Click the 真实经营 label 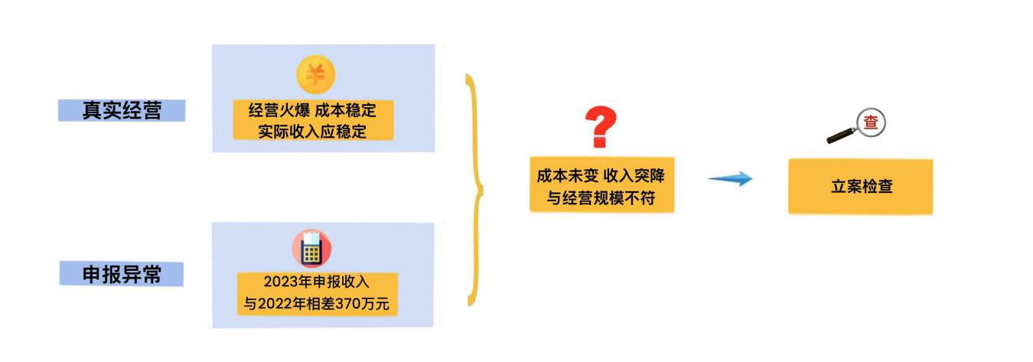[122, 110]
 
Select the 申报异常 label [122, 274]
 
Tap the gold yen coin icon [316, 75]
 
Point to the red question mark [601, 127]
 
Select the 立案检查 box [861, 186]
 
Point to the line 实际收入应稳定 [312, 131]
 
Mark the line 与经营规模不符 [601, 198]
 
